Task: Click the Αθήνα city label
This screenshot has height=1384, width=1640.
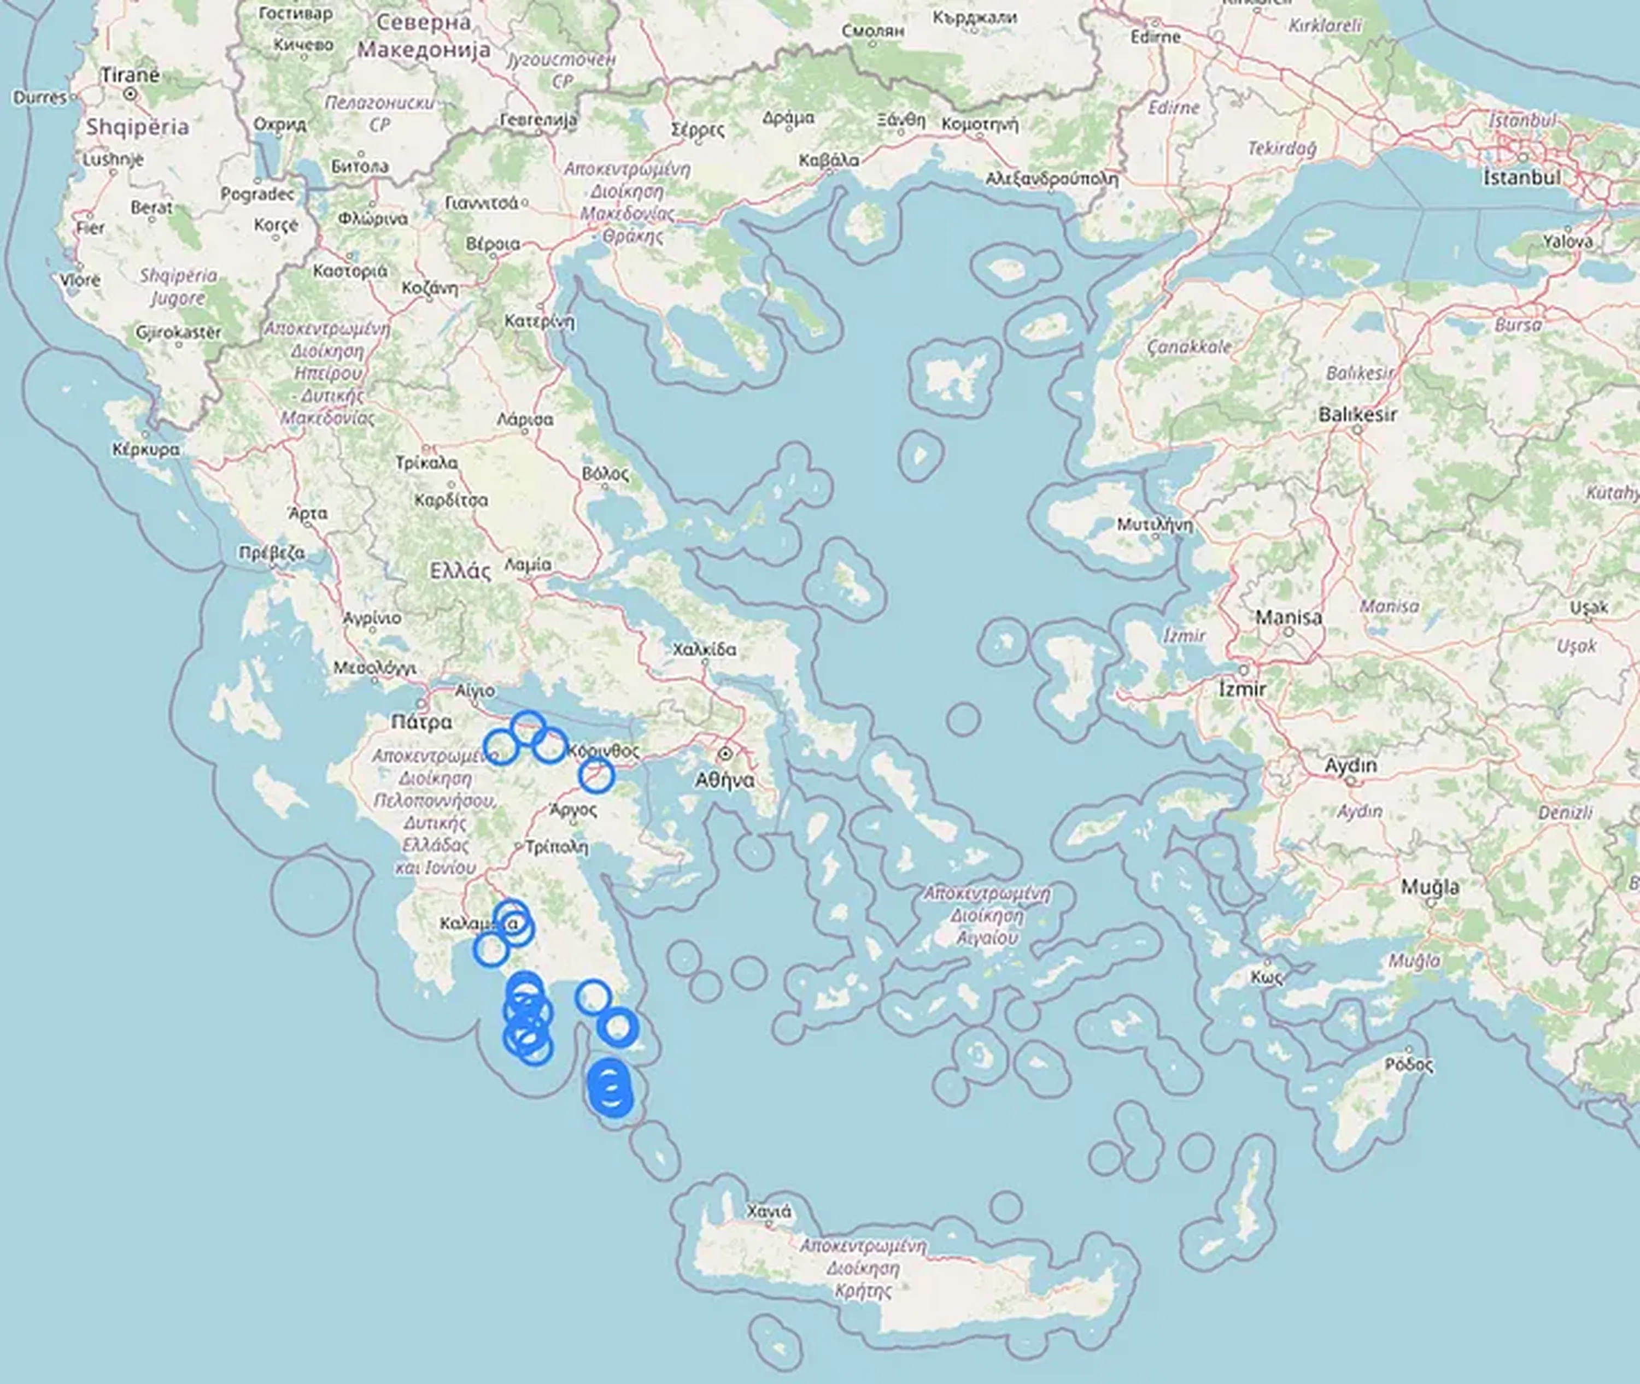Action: [x=725, y=780]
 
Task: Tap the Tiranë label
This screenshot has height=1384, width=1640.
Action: [x=130, y=75]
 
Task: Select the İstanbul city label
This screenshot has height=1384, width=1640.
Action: [x=1521, y=178]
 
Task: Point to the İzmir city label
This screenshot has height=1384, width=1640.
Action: [x=1243, y=689]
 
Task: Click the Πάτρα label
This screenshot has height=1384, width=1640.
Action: [x=421, y=722]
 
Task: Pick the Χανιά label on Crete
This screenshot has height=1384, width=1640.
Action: [x=769, y=1211]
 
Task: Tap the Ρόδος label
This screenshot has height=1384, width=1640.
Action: [x=1409, y=1065]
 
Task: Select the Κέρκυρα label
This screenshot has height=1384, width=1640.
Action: [x=146, y=450]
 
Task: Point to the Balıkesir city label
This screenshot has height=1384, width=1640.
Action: [x=1357, y=414]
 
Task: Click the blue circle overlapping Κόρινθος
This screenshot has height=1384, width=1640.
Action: [x=596, y=775]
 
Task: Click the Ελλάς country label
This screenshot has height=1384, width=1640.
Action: [x=461, y=570]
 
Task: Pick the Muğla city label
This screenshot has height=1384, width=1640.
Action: [x=1431, y=887]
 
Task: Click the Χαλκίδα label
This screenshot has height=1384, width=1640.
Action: [x=704, y=649]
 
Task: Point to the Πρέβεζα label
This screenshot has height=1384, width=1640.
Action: [x=272, y=552]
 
